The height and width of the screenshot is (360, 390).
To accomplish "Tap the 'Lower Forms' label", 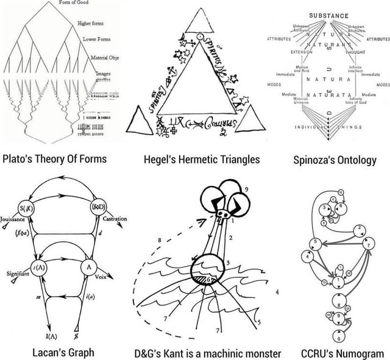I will (96, 39).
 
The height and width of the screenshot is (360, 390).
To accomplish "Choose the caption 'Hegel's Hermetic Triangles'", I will (202, 160).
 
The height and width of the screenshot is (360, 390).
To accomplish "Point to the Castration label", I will (115, 217).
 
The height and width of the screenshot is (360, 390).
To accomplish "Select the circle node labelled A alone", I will (90, 266).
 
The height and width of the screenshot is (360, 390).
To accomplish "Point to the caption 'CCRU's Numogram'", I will (342, 352).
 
